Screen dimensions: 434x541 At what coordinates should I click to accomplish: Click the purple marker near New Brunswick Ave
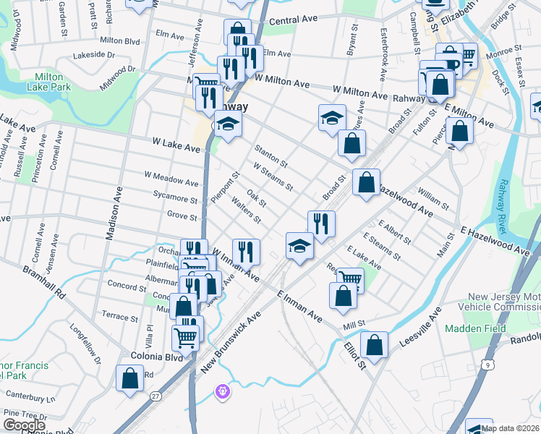click(x=223, y=392)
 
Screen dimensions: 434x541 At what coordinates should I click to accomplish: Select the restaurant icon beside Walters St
click(x=246, y=251)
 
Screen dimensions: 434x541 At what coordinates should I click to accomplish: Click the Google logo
click(x=25, y=425)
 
